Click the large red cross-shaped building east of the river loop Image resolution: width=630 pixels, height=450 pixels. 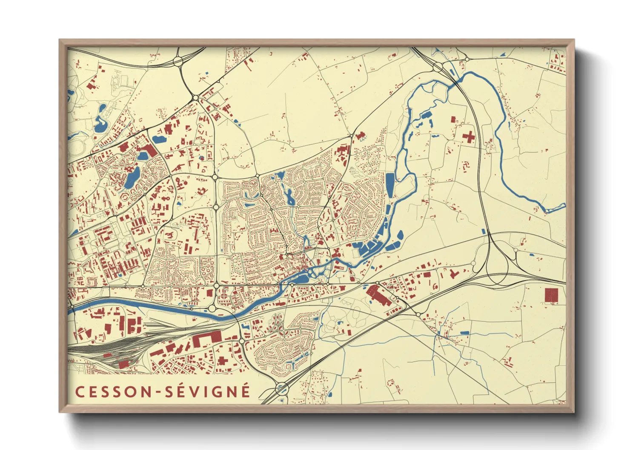tap(469, 137)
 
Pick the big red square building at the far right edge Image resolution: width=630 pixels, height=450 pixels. tap(551, 295)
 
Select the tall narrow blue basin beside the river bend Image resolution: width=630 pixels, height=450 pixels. tap(390, 185)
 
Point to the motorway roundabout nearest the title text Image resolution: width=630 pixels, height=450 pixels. tap(281, 388)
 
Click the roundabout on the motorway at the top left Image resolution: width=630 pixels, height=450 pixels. tap(178, 61)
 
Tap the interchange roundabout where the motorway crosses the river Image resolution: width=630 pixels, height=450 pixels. tap(438, 67)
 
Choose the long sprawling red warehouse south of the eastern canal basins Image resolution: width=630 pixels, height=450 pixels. tap(379, 295)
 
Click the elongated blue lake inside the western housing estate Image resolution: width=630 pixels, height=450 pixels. tap(132, 178)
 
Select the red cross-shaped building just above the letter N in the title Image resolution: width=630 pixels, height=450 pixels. tap(222, 360)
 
